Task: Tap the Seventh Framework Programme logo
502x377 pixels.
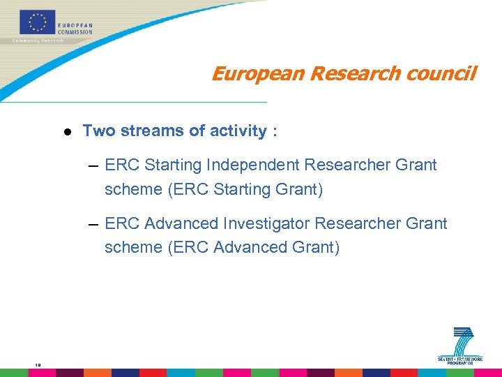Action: tap(460, 346)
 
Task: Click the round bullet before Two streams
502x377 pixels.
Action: tap(67, 131)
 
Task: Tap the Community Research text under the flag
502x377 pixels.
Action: tap(38, 41)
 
